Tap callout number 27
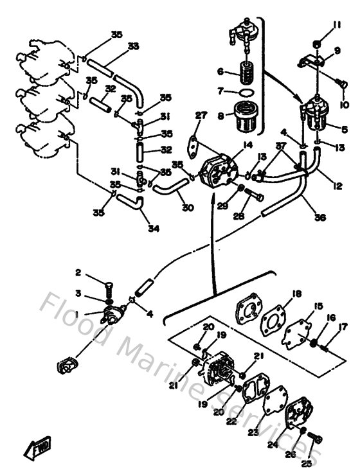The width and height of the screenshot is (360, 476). [201, 116]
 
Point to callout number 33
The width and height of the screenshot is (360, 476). [133, 46]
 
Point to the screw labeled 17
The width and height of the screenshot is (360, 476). [325, 348]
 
